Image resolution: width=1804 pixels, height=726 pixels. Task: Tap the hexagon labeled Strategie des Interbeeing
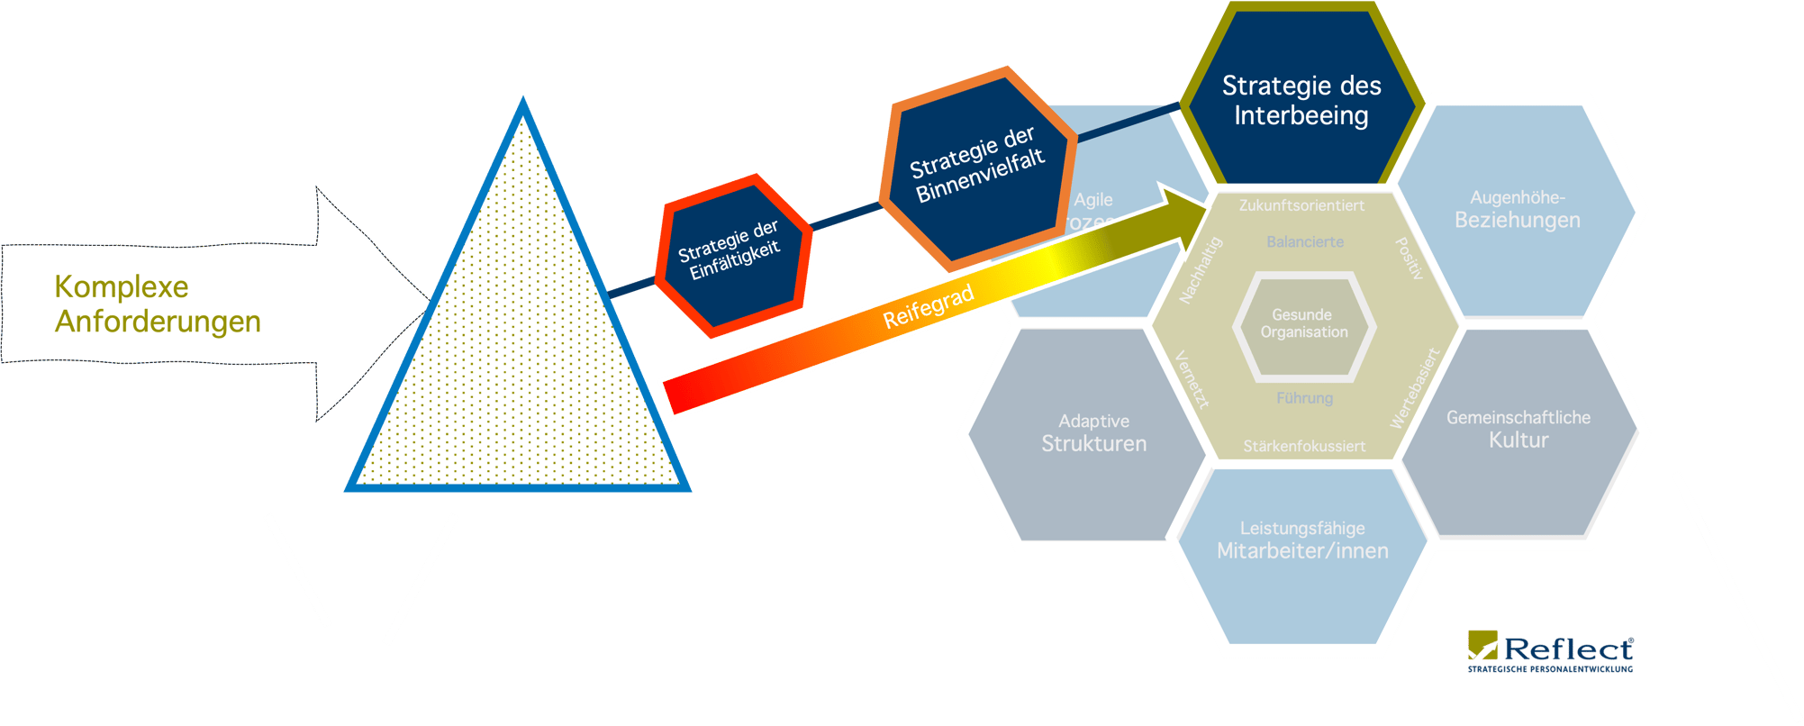(x=1301, y=100)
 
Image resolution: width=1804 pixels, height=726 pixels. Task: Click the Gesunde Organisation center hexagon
(x=1303, y=323)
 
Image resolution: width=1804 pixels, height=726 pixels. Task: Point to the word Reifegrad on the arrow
(x=929, y=306)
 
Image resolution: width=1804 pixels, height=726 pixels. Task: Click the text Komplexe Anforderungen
(x=158, y=304)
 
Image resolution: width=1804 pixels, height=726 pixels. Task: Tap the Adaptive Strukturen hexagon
(x=1093, y=432)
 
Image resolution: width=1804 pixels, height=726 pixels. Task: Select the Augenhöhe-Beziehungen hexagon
(x=1517, y=209)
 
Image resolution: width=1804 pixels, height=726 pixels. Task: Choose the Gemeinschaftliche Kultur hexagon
(x=1518, y=429)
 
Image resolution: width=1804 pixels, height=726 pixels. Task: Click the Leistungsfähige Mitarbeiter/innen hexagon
(x=1302, y=540)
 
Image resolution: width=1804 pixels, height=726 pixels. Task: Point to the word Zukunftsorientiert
(x=1301, y=205)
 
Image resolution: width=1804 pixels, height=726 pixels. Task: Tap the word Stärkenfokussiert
(x=1303, y=446)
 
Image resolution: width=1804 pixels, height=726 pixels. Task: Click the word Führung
(x=1304, y=398)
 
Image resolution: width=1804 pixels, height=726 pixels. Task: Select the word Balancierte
(x=1305, y=241)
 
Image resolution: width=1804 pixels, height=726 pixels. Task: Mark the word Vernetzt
(x=1192, y=379)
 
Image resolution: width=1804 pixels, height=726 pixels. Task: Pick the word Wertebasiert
(x=1415, y=387)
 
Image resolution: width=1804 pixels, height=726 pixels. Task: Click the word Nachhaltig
(x=1201, y=270)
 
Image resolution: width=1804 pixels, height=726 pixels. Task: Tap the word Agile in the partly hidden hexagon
(x=1093, y=200)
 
